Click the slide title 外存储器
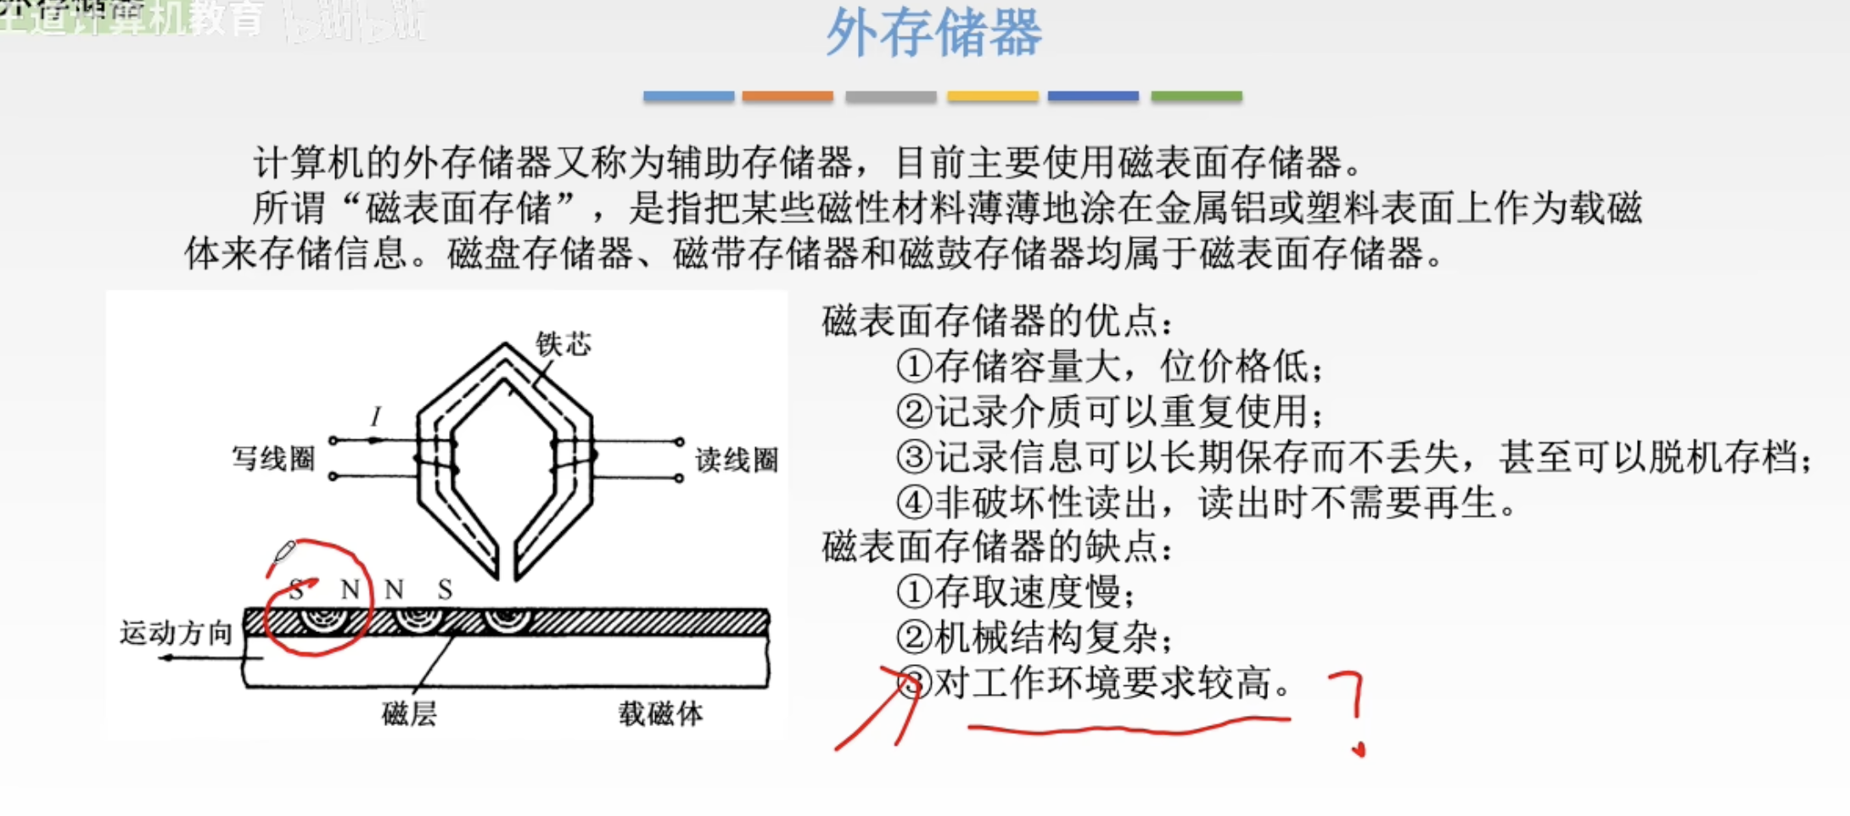[933, 34]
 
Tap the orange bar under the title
[788, 97]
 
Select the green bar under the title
[1196, 97]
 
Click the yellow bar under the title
[992, 97]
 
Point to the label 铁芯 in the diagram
[563, 344]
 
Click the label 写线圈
[273, 459]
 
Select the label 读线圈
[736, 460]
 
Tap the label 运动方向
[176, 633]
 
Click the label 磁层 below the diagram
[409, 713]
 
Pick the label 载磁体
[660, 713]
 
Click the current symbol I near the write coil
[376, 416]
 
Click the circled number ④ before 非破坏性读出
[914, 503]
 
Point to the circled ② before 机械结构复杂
[914, 638]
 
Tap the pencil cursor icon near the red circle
[283, 553]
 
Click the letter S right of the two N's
[445, 590]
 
